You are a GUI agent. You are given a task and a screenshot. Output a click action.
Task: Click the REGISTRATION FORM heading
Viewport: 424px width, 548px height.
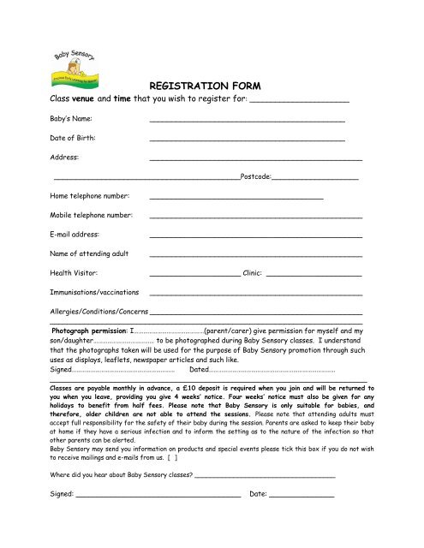[211, 86]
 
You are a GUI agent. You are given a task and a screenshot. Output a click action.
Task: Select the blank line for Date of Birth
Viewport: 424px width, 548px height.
[247, 139]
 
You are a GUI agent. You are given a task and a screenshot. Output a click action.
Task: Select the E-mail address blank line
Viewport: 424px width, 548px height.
[255, 235]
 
